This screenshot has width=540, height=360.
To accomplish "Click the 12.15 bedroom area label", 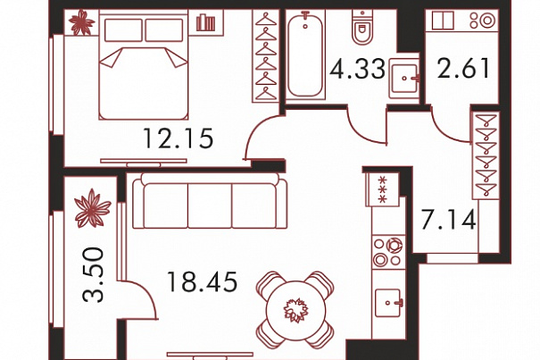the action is pos(178,138).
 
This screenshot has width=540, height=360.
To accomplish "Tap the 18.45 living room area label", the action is pos(202,281).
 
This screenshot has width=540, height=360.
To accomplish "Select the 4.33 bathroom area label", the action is pos(358,68).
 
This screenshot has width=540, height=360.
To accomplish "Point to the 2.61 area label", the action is pos(463,68).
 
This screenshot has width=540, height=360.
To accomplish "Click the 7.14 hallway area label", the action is pos(449,220).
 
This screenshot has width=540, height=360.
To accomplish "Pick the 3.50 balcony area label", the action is pos(93,275).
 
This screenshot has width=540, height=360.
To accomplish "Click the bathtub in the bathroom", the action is pos(305,54).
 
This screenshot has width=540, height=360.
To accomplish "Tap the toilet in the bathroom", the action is pos(361,27).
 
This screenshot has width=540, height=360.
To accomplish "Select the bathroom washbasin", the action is pos(404,79).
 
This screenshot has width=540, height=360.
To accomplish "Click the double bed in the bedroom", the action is pos(144,65).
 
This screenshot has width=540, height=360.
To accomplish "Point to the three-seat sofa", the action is pos(210,201).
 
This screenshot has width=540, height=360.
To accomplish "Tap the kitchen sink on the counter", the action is pos(388,303).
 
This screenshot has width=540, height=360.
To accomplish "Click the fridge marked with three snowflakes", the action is pos(383,189).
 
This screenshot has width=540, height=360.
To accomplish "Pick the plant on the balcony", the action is pos(93,209).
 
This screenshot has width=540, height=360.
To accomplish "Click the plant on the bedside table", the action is pos(81,22).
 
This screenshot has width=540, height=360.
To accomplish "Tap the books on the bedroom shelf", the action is pos(205,22).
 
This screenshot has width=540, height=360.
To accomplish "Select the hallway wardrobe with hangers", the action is pos(486,155).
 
